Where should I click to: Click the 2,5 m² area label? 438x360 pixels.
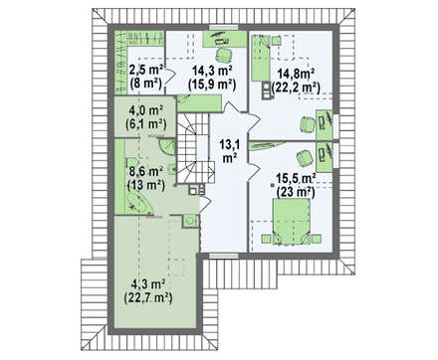tap(145, 70)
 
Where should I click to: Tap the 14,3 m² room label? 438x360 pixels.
tap(212, 70)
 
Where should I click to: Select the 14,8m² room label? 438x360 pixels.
tap(294, 73)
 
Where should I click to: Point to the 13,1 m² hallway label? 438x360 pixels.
tap(229, 151)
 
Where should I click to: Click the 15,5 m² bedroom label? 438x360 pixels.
tap(296, 179)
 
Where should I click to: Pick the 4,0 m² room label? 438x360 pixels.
tap(145, 109)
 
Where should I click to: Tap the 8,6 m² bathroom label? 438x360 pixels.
tap(146, 171)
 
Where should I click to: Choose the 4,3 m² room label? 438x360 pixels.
tap(148, 283)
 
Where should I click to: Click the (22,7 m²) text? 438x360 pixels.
tap(148, 298)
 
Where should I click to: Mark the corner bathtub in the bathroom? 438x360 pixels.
tap(138, 203)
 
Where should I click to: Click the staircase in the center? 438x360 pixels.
tap(194, 148)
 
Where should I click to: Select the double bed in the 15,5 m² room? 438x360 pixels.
tap(291, 222)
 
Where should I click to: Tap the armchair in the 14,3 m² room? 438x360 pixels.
tap(223, 55)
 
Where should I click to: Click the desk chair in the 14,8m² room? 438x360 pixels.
tap(308, 124)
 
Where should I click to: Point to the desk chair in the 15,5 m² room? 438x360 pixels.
tap(305, 158)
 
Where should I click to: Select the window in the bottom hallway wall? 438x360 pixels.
tap(224, 256)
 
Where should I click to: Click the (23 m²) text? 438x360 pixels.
tap(296, 192)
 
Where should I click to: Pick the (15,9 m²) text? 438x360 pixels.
tap(212, 85)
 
